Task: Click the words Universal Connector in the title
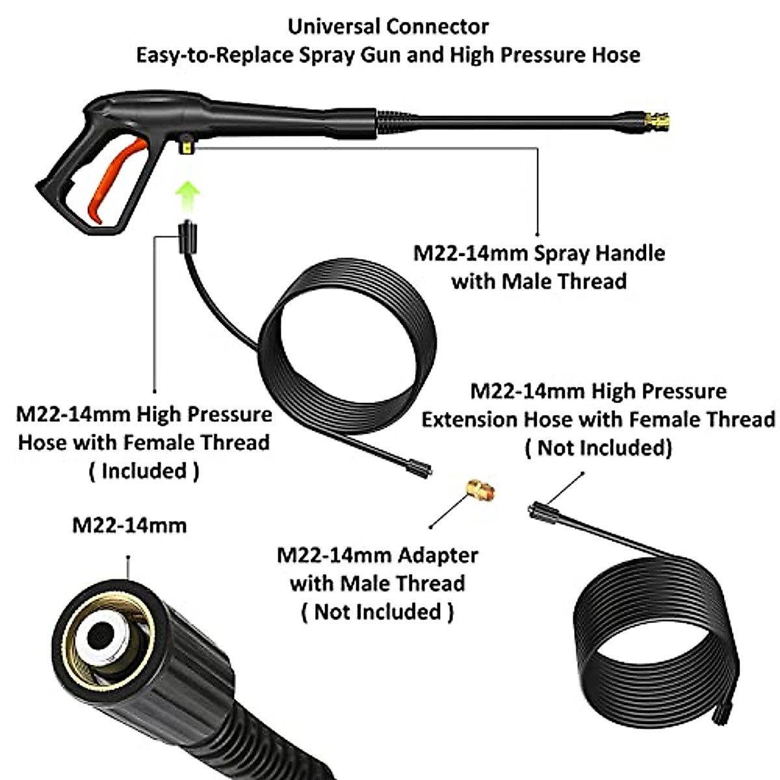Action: (x=388, y=27)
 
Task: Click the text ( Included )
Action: (x=144, y=471)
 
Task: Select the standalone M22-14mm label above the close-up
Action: (x=129, y=525)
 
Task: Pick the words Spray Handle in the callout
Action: (x=599, y=253)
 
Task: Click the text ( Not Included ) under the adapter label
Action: (x=377, y=612)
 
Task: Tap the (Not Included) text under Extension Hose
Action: (x=598, y=448)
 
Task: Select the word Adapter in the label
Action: (x=437, y=556)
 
